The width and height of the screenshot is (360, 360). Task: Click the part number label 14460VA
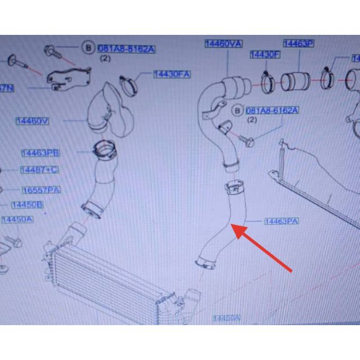click(223, 44)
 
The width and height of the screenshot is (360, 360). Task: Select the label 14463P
click(298, 43)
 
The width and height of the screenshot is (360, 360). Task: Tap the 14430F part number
click(264, 55)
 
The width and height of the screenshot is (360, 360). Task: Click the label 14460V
click(33, 121)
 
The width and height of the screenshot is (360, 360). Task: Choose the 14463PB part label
click(40, 153)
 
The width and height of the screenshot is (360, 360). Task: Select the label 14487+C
click(39, 170)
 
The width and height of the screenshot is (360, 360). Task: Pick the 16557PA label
click(41, 191)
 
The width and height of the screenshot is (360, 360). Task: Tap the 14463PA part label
click(281, 222)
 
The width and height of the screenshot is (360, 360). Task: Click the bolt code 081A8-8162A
click(127, 49)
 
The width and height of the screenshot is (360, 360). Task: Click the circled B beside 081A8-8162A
click(88, 48)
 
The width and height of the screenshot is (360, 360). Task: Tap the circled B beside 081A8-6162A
click(237, 110)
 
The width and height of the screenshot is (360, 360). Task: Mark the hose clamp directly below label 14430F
click(267, 82)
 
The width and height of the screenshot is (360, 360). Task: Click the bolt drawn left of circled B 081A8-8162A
click(52, 51)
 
